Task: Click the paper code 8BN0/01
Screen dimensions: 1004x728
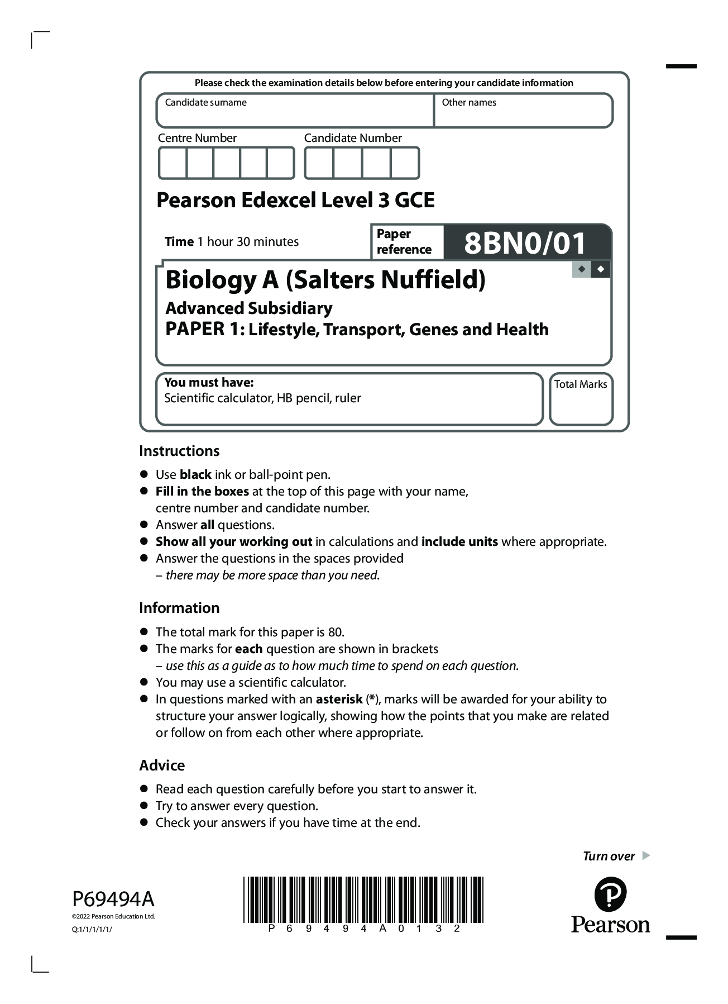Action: coord(525,243)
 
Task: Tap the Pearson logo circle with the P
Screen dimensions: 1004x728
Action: coord(610,894)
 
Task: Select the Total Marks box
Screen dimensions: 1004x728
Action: coord(581,404)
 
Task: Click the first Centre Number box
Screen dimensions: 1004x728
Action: coord(173,163)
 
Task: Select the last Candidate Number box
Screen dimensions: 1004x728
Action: coord(405,163)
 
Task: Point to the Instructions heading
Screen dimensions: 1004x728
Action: coord(179,451)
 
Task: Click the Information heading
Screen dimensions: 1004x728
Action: coord(179,608)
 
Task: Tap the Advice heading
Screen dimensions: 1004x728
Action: coord(162,765)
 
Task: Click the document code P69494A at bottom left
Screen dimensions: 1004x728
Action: coord(113,899)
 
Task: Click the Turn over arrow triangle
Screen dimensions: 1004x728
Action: coord(646,855)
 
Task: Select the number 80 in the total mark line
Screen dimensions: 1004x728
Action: coord(335,632)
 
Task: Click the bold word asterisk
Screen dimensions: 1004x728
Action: coord(339,699)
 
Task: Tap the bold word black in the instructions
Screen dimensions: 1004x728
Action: coord(195,475)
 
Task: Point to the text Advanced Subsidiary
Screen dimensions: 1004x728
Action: coord(249,308)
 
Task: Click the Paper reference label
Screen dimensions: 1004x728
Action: coord(404,241)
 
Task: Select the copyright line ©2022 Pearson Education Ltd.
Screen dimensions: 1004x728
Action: coord(113,916)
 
